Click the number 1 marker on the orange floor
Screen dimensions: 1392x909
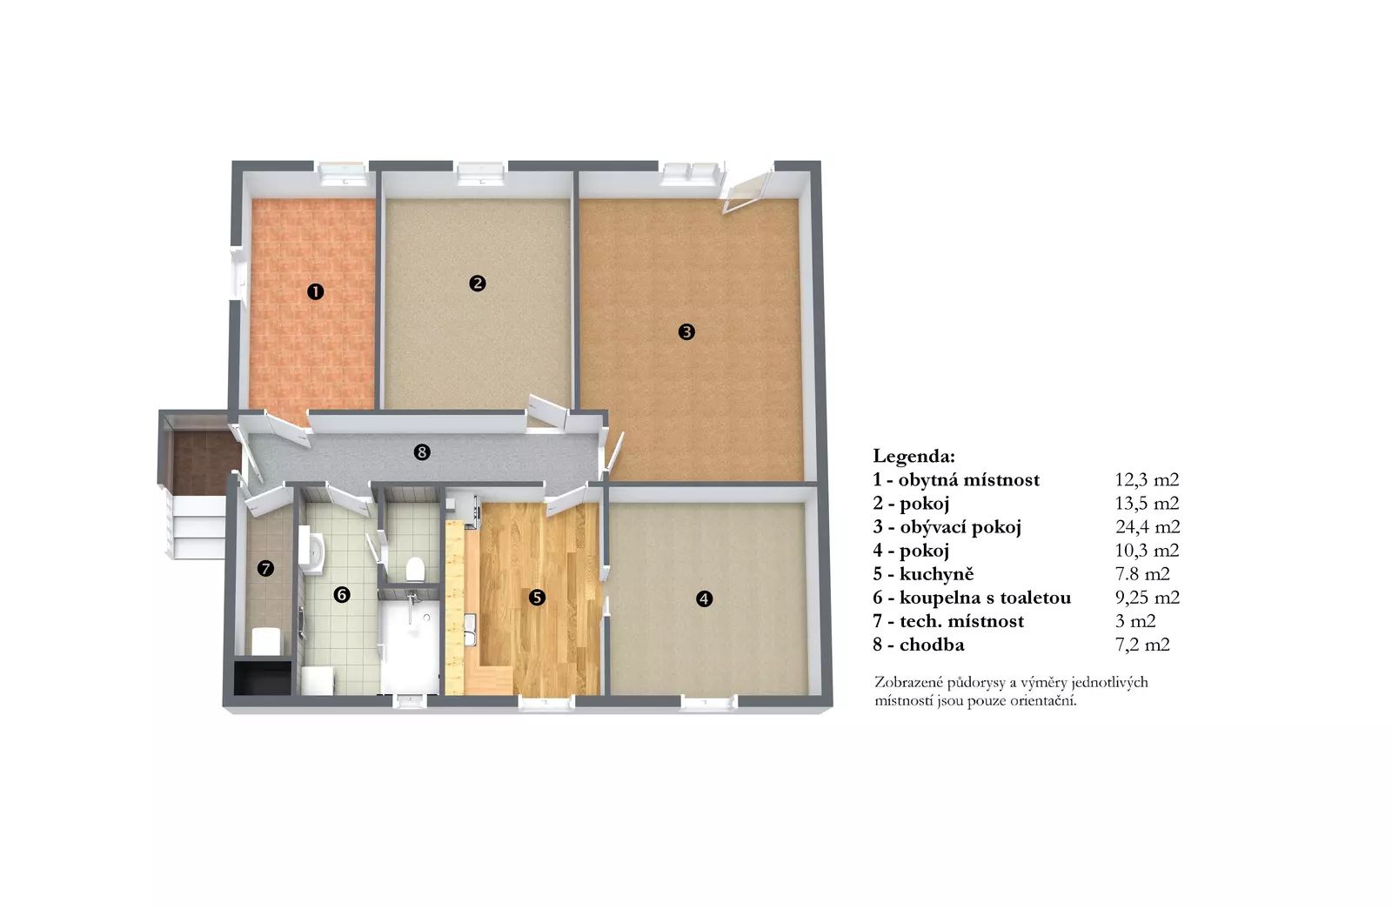point(316,291)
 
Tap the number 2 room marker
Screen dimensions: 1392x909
point(478,284)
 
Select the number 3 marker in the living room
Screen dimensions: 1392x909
point(686,331)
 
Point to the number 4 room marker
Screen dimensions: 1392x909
point(704,599)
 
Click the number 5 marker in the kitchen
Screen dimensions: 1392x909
point(537,598)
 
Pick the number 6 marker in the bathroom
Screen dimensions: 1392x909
point(342,595)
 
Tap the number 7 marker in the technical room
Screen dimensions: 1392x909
point(266,569)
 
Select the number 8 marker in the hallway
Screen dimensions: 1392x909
point(422,452)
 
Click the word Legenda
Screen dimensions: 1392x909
point(913,457)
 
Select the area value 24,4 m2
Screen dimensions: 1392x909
point(1148,527)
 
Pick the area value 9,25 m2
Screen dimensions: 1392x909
point(1148,598)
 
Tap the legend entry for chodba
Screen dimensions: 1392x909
point(919,645)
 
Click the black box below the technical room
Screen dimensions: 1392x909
point(263,678)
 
